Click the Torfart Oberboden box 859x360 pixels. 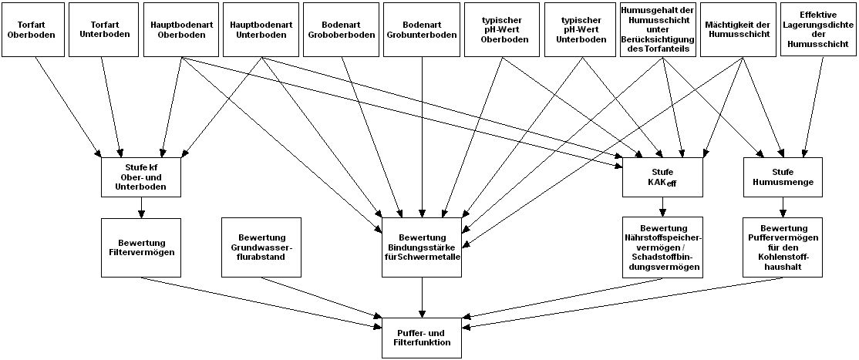tap(33, 29)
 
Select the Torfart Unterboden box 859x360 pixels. tap(103, 29)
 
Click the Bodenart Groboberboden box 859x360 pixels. tap(341, 29)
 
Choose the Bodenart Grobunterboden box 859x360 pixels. tap(421, 29)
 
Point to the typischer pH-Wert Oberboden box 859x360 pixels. tap(502, 29)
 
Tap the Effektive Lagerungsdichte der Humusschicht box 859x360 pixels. tap(818, 29)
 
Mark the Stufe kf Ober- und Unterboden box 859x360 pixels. tap(141, 177)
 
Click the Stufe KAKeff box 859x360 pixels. tap(662, 177)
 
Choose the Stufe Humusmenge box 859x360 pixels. tap(783, 177)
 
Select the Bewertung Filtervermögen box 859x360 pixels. tap(141, 247)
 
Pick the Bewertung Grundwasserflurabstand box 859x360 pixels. tap(261, 247)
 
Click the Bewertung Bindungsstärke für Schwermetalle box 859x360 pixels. tap(422, 247)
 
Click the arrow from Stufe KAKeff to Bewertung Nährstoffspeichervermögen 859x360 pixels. tap(662, 207)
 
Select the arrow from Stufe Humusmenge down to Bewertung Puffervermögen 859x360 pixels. tap(783, 207)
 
